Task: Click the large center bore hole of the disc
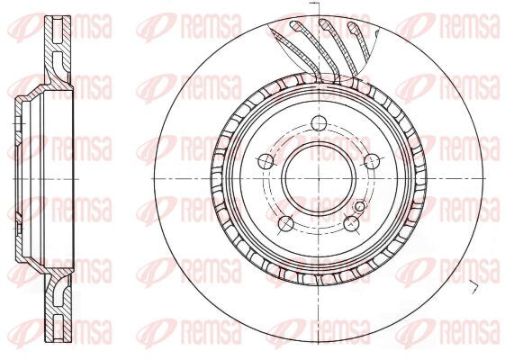tap(319, 179)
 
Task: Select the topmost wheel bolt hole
tap(319, 123)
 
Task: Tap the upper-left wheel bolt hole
tap(266, 161)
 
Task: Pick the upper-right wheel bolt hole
tap(372, 161)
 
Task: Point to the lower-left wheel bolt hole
tap(286, 223)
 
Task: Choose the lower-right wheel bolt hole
tap(351, 223)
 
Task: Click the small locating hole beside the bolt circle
tap(360, 206)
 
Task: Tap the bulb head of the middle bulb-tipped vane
tap(325, 24)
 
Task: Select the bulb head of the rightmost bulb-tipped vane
tap(353, 28)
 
